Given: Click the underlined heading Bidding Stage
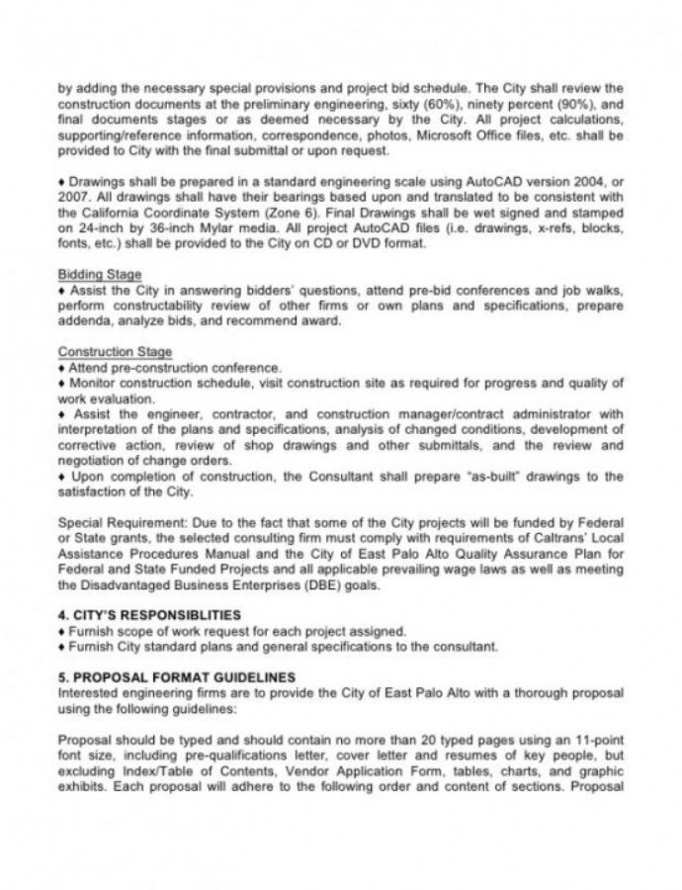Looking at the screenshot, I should [99, 274].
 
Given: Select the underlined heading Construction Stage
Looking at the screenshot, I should [115, 352].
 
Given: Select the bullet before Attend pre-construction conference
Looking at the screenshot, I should [61, 366].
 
